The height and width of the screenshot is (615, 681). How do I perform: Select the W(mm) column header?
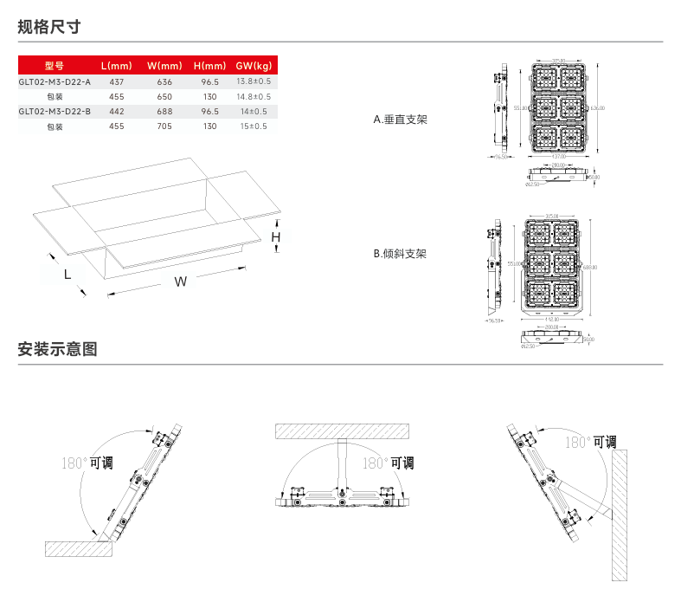coord(164,66)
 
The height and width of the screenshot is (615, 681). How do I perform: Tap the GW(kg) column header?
coord(254,66)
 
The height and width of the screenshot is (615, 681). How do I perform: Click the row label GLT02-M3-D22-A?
coord(55,81)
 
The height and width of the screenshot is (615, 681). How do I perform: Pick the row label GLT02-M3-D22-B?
coord(55,112)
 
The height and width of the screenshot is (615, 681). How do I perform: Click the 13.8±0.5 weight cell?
coord(254,81)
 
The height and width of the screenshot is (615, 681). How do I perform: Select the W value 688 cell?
coord(164,112)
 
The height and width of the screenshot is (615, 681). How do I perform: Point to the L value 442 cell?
coord(117,112)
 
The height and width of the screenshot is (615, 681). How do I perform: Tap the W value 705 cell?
coord(164,126)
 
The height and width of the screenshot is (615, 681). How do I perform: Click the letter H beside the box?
coord(276,236)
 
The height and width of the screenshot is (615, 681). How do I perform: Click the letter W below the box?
coord(180,282)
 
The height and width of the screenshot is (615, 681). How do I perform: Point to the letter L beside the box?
coord(67,274)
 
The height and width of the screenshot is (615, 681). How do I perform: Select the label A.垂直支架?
coord(400,120)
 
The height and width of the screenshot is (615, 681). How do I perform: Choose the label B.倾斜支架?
coord(400,254)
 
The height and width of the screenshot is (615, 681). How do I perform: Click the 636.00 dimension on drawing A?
coord(598,108)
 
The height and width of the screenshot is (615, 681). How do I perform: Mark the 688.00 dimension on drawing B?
coord(591,267)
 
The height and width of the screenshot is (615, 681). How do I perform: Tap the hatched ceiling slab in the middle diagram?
coord(342,430)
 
